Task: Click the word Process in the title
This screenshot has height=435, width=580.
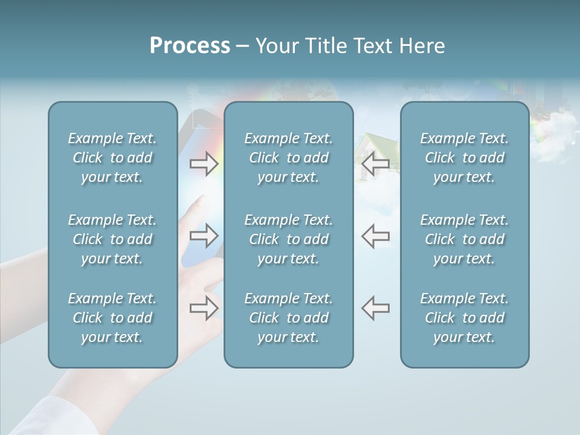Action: coord(190,46)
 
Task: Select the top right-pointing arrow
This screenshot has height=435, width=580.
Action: coord(204,163)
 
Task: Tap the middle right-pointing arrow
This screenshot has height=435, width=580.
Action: coord(204,236)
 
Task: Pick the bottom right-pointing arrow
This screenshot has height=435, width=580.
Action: coord(204,308)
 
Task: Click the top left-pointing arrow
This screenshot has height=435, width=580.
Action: coord(376,163)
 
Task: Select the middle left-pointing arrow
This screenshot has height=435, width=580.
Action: coord(376,236)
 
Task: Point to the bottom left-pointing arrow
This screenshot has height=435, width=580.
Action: coord(376,308)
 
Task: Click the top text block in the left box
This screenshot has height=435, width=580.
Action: coord(112,158)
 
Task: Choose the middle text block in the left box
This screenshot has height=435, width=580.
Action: coord(112,239)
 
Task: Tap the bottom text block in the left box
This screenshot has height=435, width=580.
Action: coord(112,318)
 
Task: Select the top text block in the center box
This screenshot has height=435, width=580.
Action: coord(288,158)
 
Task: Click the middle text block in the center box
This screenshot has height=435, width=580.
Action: coord(288,239)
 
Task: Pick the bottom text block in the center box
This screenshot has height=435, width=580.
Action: coord(288,318)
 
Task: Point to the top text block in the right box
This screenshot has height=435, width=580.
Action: coord(464,158)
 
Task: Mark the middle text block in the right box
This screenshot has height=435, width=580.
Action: coord(464,239)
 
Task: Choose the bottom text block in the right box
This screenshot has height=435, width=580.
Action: coord(464,318)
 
